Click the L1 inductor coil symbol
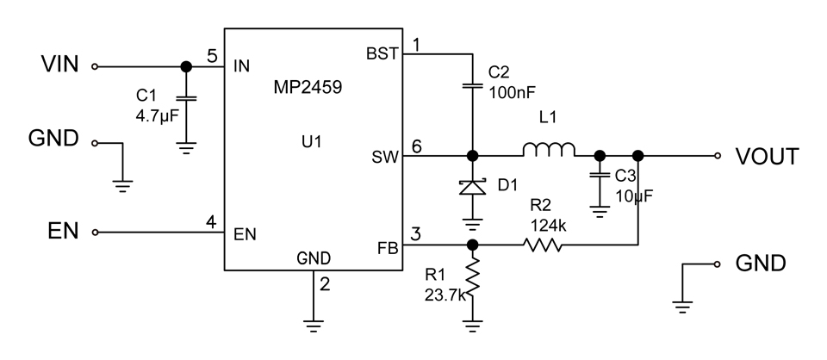click(x=549, y=152)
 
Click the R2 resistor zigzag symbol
click(x=542, y=245)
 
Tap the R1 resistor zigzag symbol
click(x=472, y=279)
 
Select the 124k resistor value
click(x=541, y=226)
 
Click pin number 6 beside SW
click(x=418, y=146)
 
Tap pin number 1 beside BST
click(x=417, y=44)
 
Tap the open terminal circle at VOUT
click(x=716, y=157)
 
